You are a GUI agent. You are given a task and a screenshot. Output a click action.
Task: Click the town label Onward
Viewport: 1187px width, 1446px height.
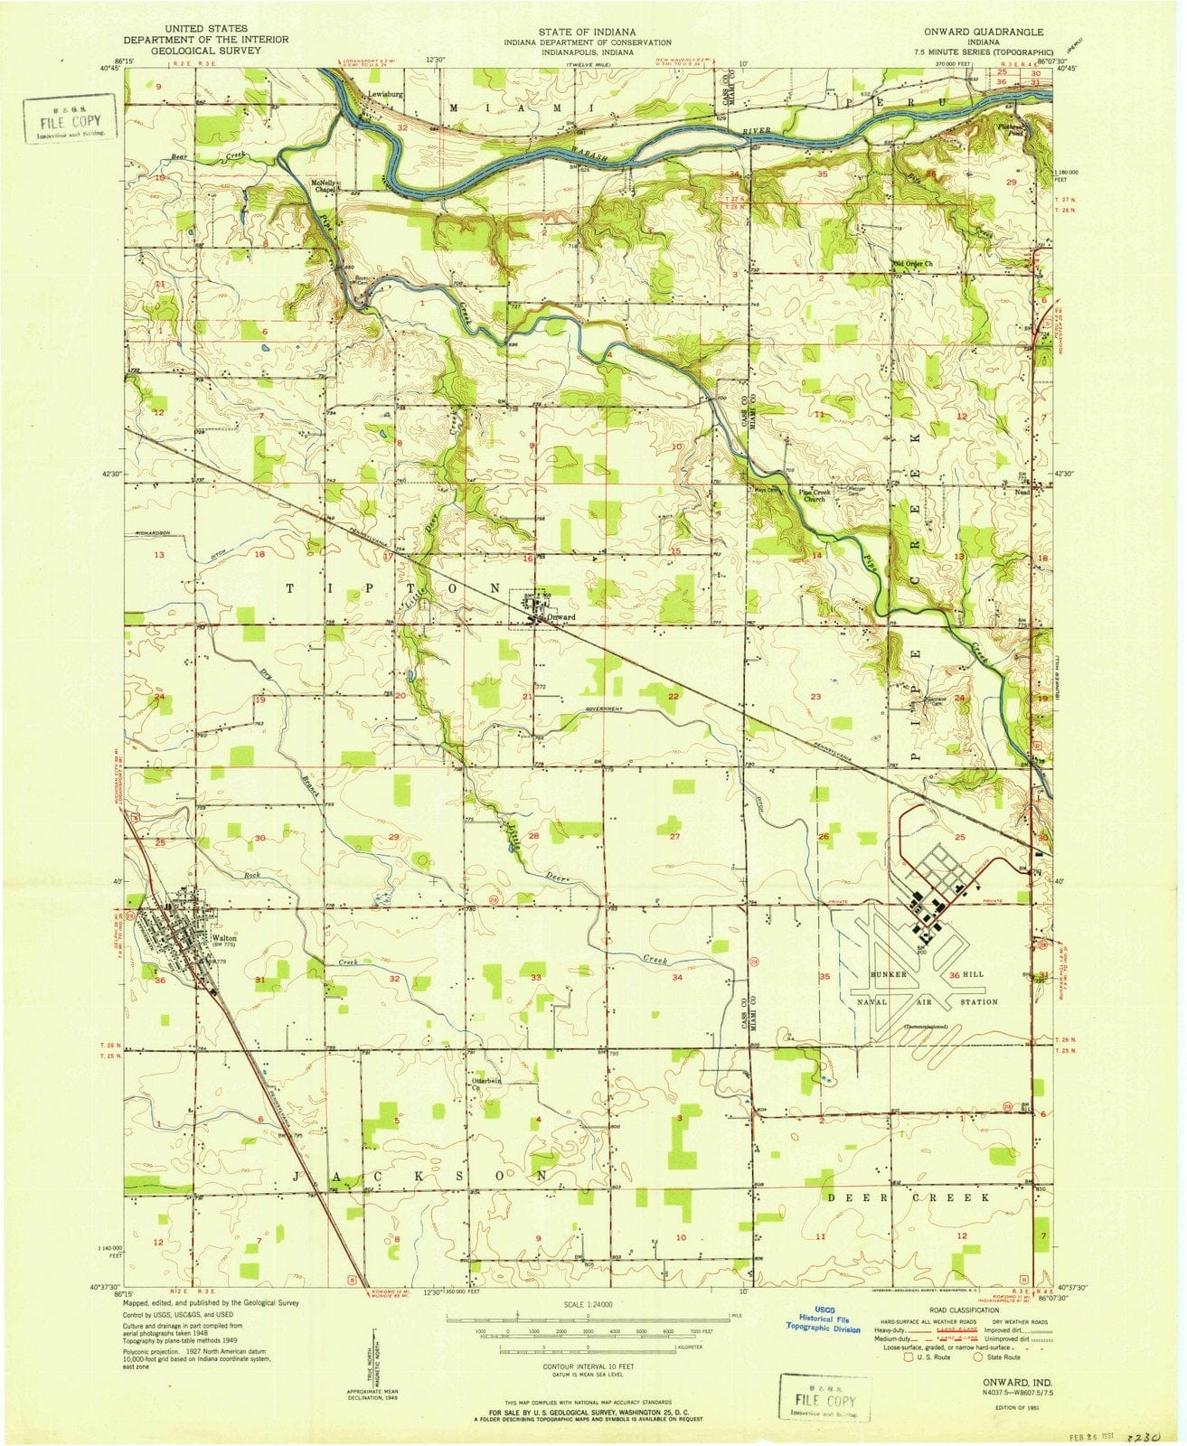coord(562,618)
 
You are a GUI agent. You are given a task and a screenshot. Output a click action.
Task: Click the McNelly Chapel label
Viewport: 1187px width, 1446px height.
coord(323,187)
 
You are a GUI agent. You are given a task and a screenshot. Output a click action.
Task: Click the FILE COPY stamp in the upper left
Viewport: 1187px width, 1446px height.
coord(70,120)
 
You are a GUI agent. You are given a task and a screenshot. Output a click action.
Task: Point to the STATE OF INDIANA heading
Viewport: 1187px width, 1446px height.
coord(587,32)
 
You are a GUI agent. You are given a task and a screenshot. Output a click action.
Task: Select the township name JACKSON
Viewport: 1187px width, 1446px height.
coord(420,1177)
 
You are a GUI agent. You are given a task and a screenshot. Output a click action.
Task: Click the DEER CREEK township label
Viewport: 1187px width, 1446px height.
coord(909,1197)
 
